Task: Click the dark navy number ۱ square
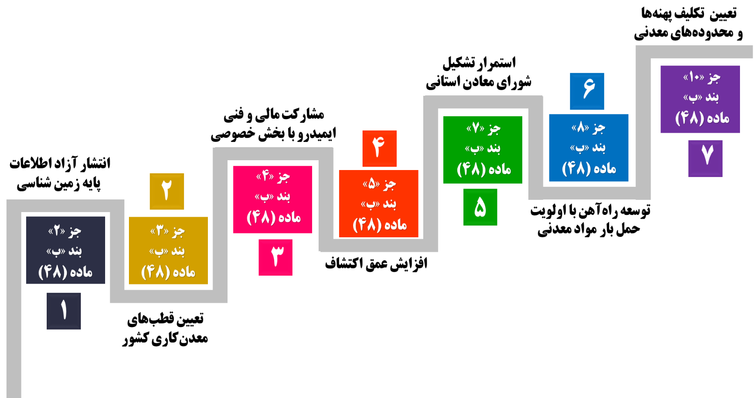pyautogui.click(x=64, y=311)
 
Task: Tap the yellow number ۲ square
pyautogui.click(x=167, y=191)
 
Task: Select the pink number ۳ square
pyautogui.click(x=276, y=257)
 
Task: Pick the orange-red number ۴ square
pyautogui.click(x=379, y=148)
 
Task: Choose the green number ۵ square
pyautogui.click(x=480, y=207)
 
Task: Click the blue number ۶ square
pyautogui.click(x=587, y=91)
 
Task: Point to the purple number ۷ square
pyautogui.click(x=705, y=158)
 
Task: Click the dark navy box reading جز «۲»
pyautogui.click(x=65, y=250)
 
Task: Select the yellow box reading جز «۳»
pyautogui.click(x=168, y=250)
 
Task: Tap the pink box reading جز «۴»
pyautogui.click(x=273, y=199)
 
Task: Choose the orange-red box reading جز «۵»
pyautogui.click(x=378, y=204)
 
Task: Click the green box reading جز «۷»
pyautogui.click(x=483, y=149)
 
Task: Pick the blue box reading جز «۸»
pyautogui.click(x=589, y=148)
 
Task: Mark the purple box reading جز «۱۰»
pyautogui.click(x=700, y=99)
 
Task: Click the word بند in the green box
pyautogui.click(x=494, y=149)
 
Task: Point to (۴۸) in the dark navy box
pyautogui.click(x=53, y=271)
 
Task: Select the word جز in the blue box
pyautogui.click(x=599, y=128)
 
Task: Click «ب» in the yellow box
pyautogui.click(x=157, y=251)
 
